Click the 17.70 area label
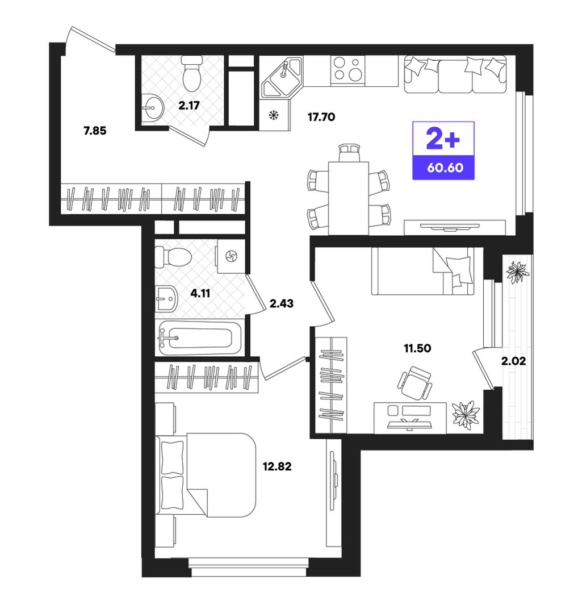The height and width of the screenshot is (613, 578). (x=321, y=117)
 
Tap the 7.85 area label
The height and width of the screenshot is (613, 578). (x=95, y=131)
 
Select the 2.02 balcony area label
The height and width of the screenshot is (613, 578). (x=513, y=361)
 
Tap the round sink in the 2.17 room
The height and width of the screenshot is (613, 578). (x=152, y=107)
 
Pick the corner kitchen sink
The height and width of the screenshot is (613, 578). (x=282, y=77)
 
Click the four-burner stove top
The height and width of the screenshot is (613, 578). (x=347, y=70)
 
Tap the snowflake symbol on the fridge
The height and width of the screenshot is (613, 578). (x=274, y=115)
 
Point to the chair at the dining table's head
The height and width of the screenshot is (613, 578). (x=349, y=153)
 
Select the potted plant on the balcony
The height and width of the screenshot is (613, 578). (x=517, y=272)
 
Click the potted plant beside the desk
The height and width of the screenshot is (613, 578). (x=466, y=415)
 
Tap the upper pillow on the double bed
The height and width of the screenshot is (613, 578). (x=173, y=458)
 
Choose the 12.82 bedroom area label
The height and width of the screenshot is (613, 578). (x=277, y=466)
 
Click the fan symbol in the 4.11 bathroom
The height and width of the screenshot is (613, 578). (x=231, y=256)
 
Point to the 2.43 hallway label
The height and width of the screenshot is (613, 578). (x=282, y=303)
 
